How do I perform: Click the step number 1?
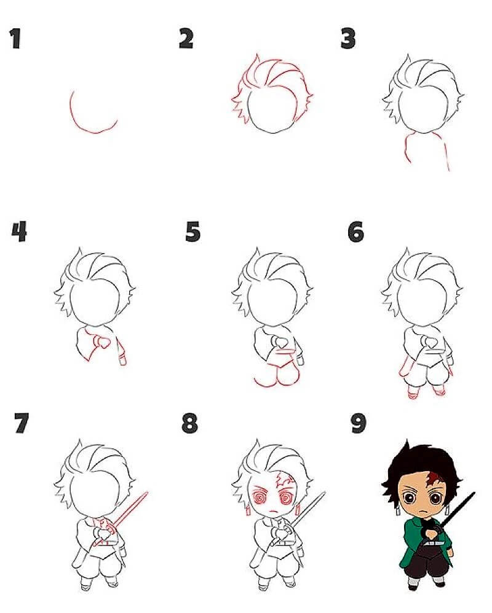(x=15, y=39)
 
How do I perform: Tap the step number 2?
(x=186, y=39)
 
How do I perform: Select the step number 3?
(x=348, y=39)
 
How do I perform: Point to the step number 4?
(x=19, y=232)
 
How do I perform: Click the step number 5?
(x=193, y=232)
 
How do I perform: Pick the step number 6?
(x=356, y=232)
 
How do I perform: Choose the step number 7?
(x=22, y=423)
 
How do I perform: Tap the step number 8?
(x=190, y=423)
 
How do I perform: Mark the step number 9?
(x=359, y=423)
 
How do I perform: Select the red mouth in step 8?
(x=274, y=511)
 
